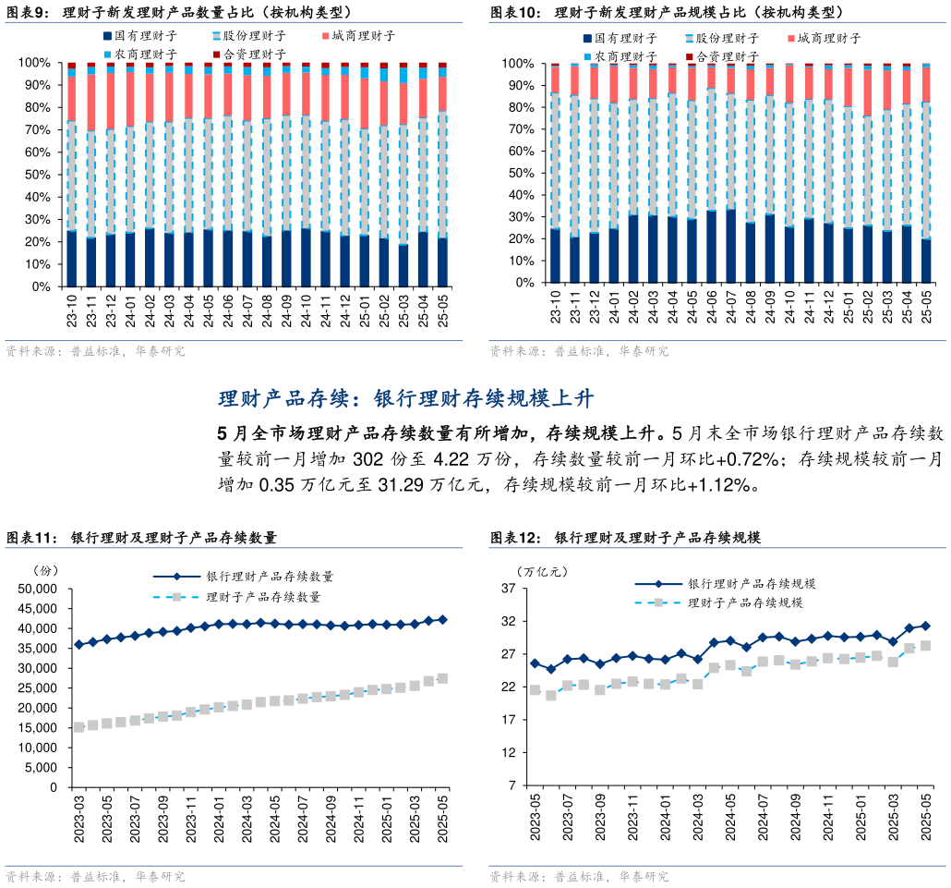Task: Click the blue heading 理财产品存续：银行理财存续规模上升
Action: click(406, 399)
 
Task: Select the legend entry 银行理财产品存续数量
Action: click(270, 577)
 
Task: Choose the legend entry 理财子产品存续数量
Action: click(263, 597)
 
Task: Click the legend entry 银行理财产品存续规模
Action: click(751, 584)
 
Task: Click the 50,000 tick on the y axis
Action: click(39, 589)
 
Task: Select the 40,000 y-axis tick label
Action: click(39, 628)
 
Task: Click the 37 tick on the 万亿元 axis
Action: click(508, 589)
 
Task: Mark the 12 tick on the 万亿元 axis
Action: click(508, 753)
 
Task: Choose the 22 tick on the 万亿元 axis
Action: click(508, 687)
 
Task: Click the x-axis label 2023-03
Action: click(78, 818)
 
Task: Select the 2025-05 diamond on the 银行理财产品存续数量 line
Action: click(442, 620)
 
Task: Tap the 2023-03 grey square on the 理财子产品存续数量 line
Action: click(78, 727)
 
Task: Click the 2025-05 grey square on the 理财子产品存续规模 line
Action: click(925, 646)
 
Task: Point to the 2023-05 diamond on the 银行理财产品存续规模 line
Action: click(535, 663)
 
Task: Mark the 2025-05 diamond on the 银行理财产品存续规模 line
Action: click(925, 626)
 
